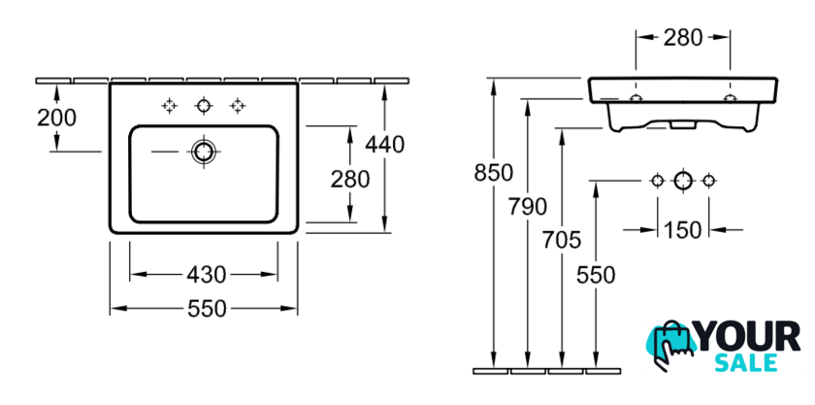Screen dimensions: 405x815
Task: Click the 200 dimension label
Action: pos(57,118)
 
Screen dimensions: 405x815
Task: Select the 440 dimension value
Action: pos(384,144)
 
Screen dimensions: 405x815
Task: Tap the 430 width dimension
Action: pos(205,274)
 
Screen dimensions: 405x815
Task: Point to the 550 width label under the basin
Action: pos(205,309)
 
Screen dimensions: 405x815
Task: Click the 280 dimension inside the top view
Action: pos(348,179)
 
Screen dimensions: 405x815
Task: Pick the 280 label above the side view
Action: pos(683,39)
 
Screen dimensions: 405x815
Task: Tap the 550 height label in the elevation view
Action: pos(596,275)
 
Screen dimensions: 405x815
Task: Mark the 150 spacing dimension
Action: pos(682,230)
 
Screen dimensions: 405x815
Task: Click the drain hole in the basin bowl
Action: pos(204,151)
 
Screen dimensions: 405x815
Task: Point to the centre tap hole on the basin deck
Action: pos(204,104)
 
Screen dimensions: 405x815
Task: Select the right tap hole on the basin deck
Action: pos(237,104)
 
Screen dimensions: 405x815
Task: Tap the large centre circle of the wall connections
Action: pos(682,180)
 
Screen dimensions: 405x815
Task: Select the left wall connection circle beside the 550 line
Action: pos(657,180)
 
